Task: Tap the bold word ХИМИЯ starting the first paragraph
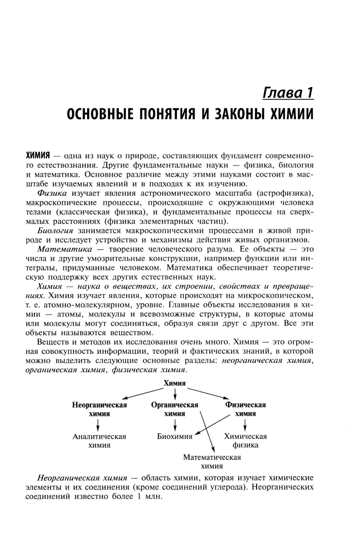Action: tap(37, 156)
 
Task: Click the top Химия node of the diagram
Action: tap(175, 383)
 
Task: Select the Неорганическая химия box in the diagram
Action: tap(99, 409)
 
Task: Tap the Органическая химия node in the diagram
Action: tap(175, 409)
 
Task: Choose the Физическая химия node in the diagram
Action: tap(246, 409)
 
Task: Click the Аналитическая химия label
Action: tap(99, 441)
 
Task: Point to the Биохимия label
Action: tap(175, 436)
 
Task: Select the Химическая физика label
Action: tap(246, 441)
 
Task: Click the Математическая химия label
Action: tap(212, 461)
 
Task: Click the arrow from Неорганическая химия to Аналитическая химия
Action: tap(98, 425)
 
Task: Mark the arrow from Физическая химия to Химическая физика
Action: tap(245, 425)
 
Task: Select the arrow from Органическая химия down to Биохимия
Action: tap(175, 425)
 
